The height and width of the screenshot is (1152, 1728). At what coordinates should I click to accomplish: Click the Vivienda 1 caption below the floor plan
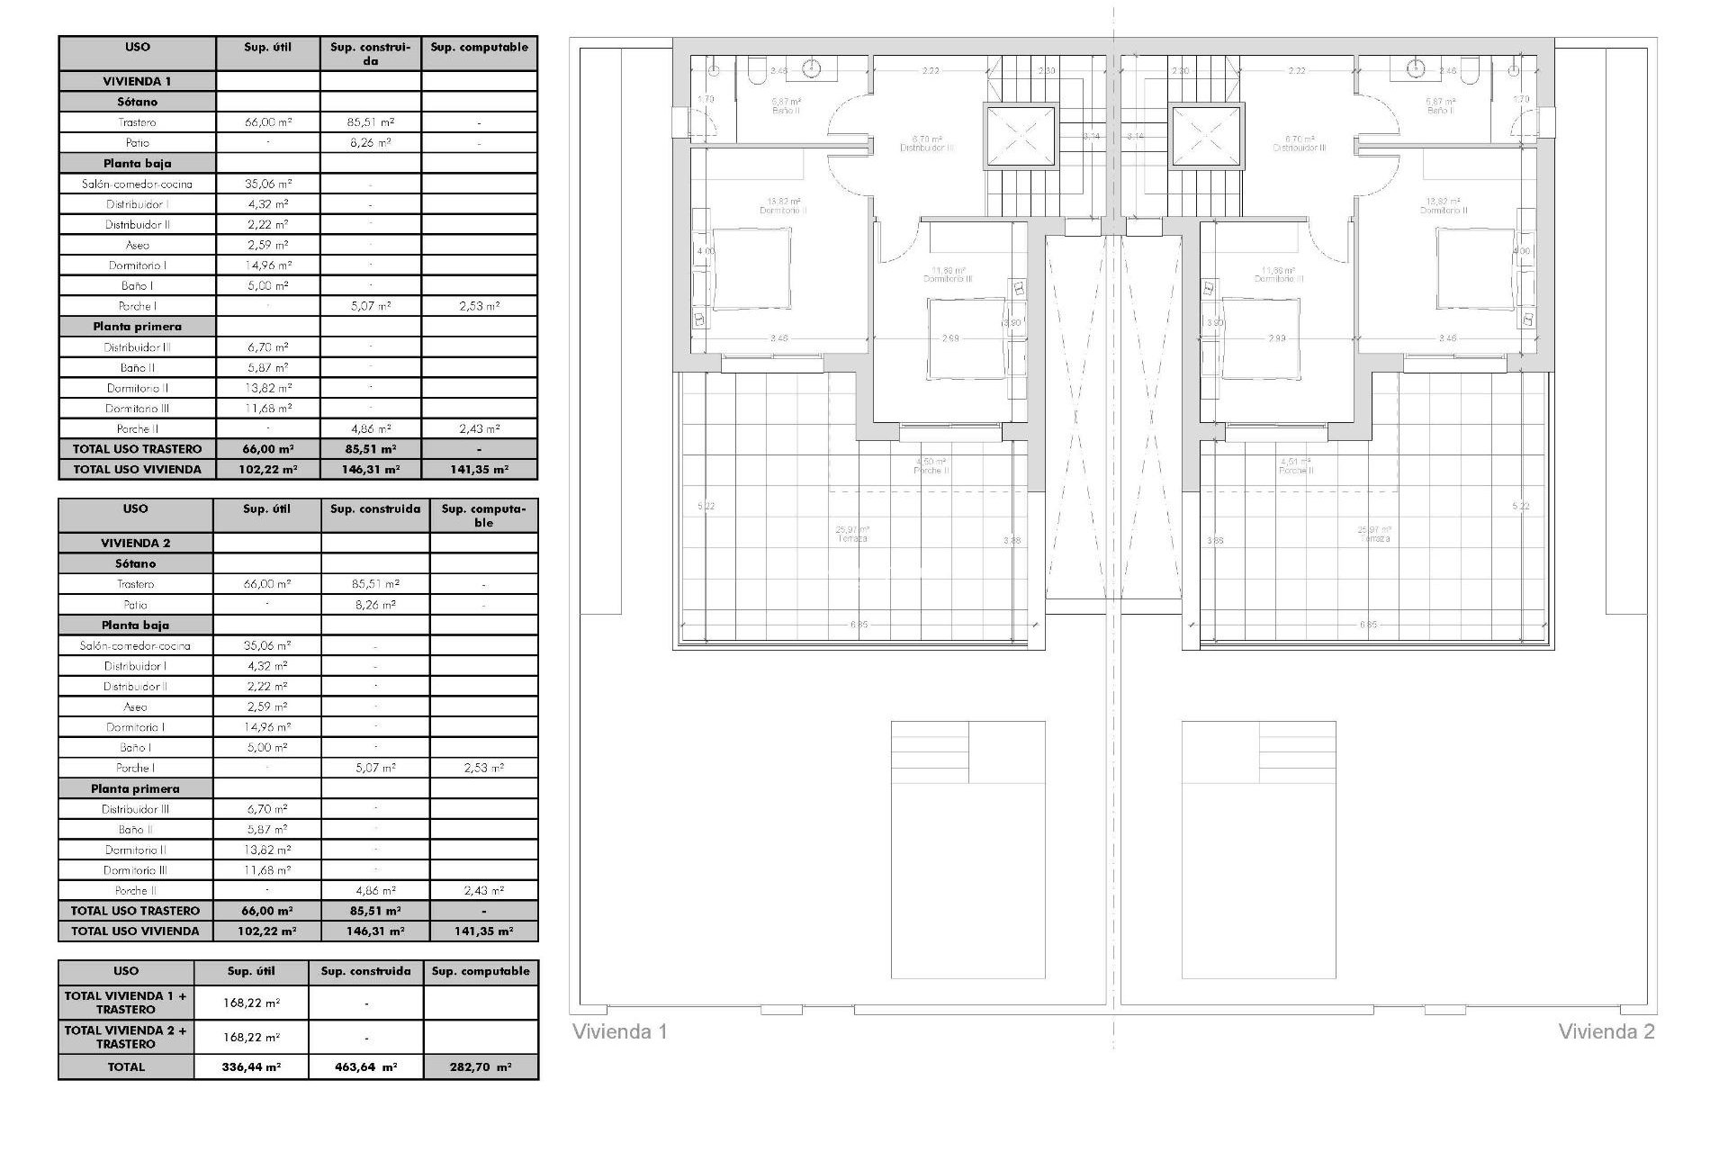click(620, 1031)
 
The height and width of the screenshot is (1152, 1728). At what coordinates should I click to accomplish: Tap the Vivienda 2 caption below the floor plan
click(1606, 1031)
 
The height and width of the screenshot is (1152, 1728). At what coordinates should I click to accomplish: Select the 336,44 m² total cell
click(251, 1066)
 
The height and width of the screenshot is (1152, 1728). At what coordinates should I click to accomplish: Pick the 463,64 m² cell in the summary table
click(366, 1066)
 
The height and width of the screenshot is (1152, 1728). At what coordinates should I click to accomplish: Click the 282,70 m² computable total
click(481, 1066)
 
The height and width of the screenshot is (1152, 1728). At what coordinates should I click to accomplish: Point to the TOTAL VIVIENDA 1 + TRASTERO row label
click(126, 1003)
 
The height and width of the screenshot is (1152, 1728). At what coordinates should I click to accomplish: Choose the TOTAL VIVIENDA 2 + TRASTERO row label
click(126, 1037)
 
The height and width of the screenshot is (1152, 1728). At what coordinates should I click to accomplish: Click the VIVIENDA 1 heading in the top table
click(137, 81)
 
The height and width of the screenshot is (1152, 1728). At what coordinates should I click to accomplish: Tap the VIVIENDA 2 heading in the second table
click(135, 543)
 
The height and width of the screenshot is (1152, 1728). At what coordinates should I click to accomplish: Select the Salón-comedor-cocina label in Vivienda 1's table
click(137, 184)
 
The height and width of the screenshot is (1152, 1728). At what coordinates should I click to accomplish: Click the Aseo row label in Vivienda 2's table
click(135, 706)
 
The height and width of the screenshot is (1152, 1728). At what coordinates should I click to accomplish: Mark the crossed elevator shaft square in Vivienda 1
click(1020, 136)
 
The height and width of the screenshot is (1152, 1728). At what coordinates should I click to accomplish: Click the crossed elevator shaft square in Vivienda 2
click(1206, 136)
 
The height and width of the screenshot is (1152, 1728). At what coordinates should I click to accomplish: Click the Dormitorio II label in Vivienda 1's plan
click(783, 211)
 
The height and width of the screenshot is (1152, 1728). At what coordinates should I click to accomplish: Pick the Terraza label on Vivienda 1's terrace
click(851, 538)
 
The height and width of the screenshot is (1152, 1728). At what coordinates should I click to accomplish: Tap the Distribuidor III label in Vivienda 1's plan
click(927, 148)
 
